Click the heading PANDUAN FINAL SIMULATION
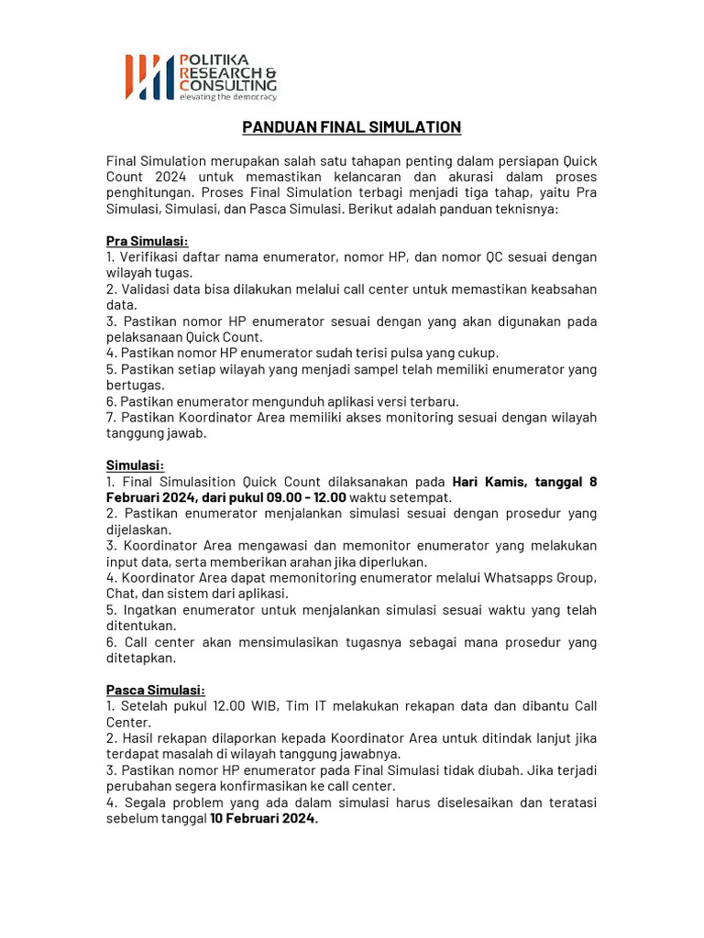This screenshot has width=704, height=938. click(351, 127)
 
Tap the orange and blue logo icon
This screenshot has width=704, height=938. click(148, 77)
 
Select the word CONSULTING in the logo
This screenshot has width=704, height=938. click(227, 84)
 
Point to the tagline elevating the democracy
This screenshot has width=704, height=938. click(227, 96)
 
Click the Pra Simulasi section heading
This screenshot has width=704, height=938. click(147, 241)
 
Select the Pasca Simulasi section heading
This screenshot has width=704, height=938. click(156, 690)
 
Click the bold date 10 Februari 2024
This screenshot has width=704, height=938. click(263, 819)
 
